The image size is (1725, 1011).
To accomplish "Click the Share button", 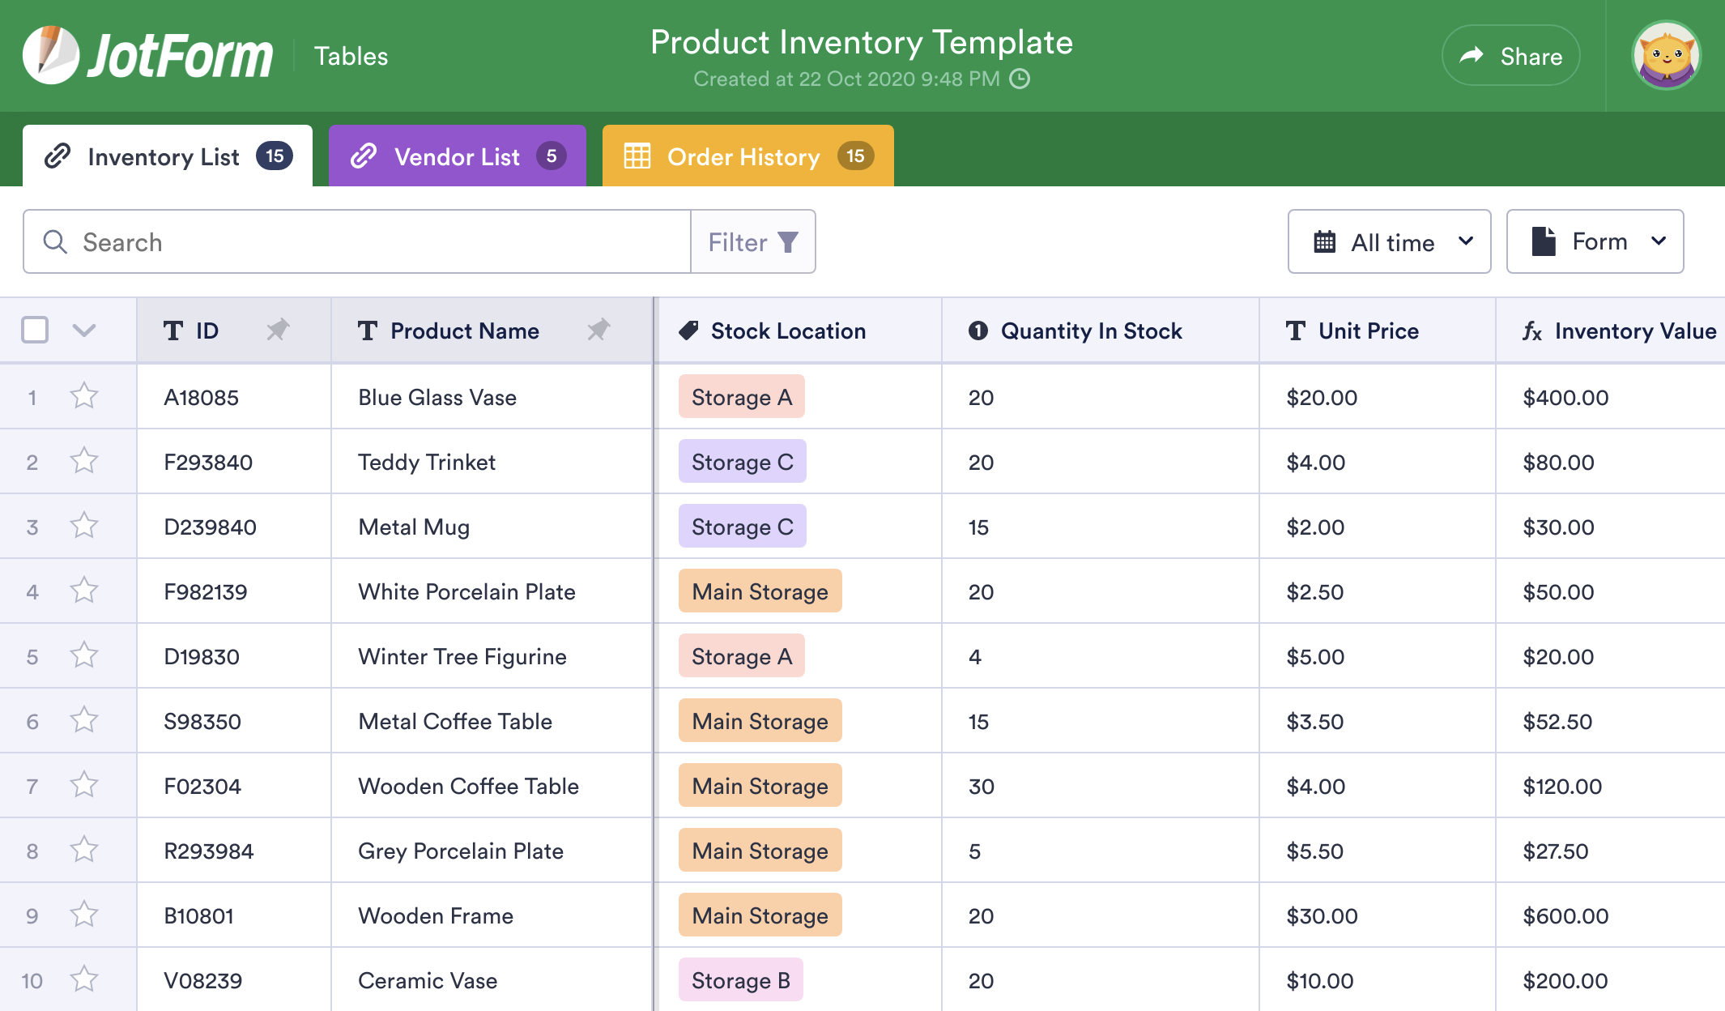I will click(1510, 56).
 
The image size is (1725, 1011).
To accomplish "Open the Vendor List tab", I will click(457, 156).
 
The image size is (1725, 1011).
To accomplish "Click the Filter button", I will click(752, 242).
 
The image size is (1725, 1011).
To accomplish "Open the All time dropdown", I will click(1389, 242).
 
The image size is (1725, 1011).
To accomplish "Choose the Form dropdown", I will click(1595, 242).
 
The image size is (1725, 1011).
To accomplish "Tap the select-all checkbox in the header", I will click(35, 331).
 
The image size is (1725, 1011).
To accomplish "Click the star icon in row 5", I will click(84, 655).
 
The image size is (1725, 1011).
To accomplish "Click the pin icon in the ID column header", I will click(278, 330).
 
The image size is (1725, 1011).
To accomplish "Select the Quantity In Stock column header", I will click(1091, 331).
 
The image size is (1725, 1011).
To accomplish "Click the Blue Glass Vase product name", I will click(437, 398).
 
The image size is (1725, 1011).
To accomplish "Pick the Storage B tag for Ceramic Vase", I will click(740, 980).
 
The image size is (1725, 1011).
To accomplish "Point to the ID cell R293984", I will click(209, 851).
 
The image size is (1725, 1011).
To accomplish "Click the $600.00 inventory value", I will click(1565, 916).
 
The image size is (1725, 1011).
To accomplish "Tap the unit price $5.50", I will click(1314, 851).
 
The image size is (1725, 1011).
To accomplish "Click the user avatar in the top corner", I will click(1666, 56).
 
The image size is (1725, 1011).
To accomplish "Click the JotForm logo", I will click(148, 56).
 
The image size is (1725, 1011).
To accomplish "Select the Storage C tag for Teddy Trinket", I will click(742, 462).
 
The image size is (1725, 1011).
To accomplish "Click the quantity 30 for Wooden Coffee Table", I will click(981, 787).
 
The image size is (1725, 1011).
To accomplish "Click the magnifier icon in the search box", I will click(55, 241).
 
